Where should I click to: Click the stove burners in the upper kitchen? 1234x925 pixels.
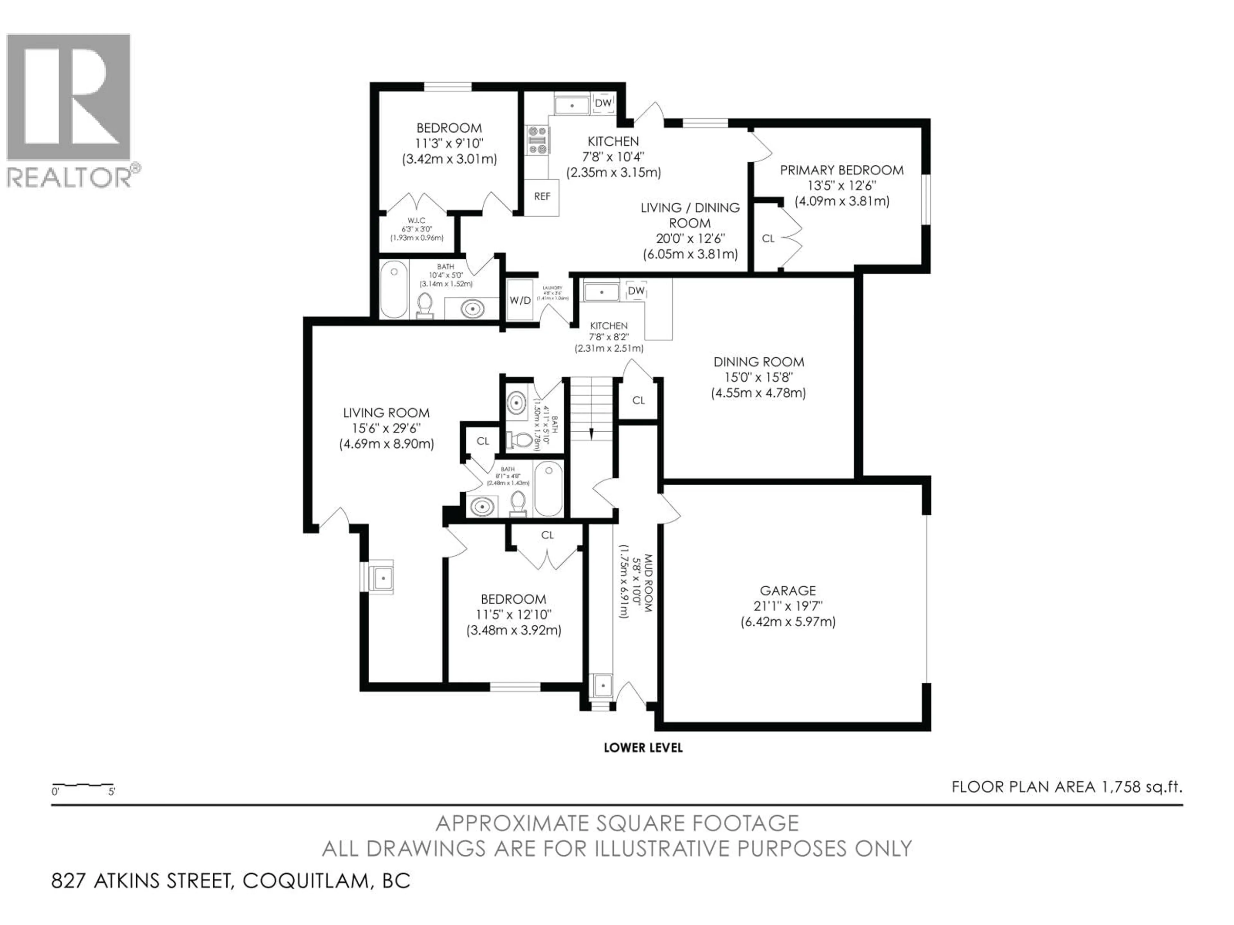pos(538,140)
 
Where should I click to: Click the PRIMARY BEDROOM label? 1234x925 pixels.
pos(841,170)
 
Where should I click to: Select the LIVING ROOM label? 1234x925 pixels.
pos(386,413)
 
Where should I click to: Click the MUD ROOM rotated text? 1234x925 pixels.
pos(648,583)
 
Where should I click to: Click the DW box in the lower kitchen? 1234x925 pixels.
pos(636,290)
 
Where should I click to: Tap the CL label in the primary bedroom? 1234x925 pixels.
pos(768,239)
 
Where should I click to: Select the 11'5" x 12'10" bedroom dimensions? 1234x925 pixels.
pos(513,614)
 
